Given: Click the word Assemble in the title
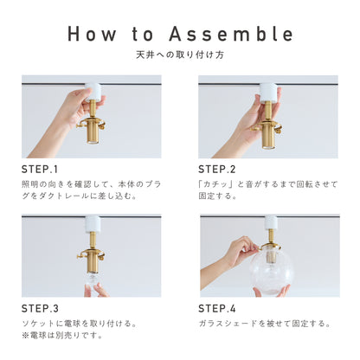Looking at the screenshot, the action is point(231,34).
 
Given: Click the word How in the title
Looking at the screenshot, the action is point(92,34).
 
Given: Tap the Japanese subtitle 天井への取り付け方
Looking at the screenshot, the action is point(180,55).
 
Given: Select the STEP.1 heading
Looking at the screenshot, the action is point(40,170).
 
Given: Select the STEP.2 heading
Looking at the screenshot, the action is point(217,170).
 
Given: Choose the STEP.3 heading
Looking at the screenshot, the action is point(40,309).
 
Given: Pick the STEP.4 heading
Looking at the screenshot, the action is point(217,309).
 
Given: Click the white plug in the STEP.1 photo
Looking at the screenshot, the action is point(93,92).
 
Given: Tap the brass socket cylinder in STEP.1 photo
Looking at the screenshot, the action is point(93,132).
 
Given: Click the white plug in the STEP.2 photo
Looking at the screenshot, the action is point(269,92).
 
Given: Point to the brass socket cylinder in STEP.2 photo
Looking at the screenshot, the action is point(267,137).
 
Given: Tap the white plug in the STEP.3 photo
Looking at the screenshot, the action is point(93,224).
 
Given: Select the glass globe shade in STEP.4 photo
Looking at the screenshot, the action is point(271,270).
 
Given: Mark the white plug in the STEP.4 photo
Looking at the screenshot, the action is point(271,222).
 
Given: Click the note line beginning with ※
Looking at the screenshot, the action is point(62,336).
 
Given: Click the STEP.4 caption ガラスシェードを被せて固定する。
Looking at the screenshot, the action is point(265,324).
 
